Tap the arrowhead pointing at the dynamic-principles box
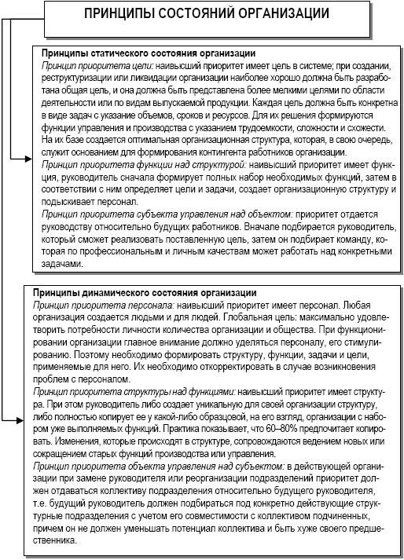pos(28,421)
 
